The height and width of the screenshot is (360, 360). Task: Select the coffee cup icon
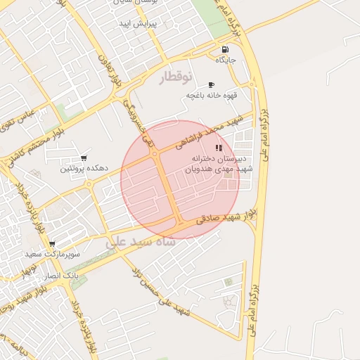pos(211,84)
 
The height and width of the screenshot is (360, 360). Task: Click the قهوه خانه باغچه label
pos(209,95)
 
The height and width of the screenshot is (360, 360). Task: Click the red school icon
pos(219,148)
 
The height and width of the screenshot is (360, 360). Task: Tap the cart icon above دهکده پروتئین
pos(84,158)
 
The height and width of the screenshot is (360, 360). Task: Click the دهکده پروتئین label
pos(84,169)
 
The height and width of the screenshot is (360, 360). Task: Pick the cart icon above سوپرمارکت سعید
pos(52,244)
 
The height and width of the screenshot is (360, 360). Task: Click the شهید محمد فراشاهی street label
pos(212,132)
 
